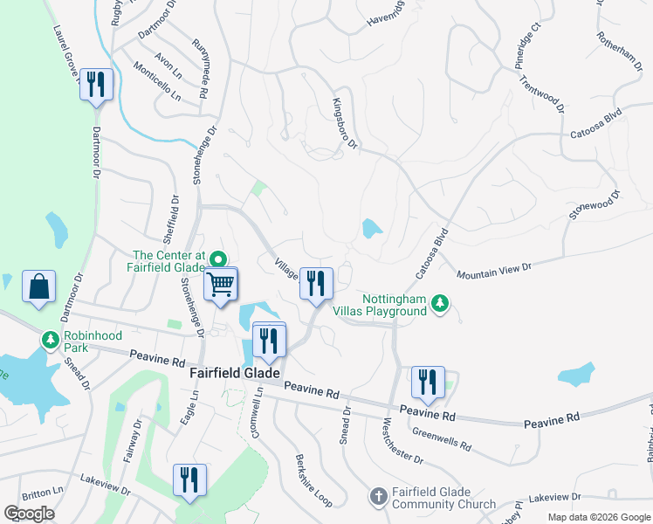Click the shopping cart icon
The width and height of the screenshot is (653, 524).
pyautogui.click(x=222, y=285)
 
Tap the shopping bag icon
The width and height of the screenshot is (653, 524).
pyautogui.click(x=39, y=287)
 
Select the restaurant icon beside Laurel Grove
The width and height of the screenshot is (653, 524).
pyautogui.click(x=96, y=85)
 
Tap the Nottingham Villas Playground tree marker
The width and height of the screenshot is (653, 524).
pyautogui.click(x=442, y=302)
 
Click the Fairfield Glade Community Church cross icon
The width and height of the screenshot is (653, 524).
pyautogui.click(x=378, y=497)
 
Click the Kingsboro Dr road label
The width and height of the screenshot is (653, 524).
pyautogui.click(x=345, y=123)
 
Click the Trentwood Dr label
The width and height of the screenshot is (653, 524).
pyautogui.click(x=553, y=90)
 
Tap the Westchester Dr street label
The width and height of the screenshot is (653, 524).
pyautogui.click(x=403, y=441)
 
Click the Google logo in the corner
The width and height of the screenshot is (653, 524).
pyautogui.click(x=30, y=514)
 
